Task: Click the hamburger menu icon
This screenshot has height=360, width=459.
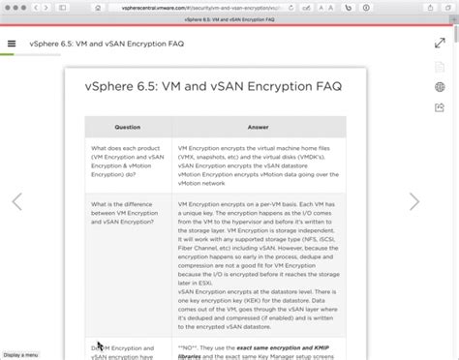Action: click(x=12, y=44)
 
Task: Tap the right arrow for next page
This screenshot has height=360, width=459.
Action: click(x=414, y=201)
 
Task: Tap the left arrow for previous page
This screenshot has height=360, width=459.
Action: click(x=15, y=201)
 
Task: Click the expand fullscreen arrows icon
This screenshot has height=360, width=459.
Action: click(x=440, y=44)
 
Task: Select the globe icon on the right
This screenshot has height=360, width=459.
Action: click(x=441, y=87)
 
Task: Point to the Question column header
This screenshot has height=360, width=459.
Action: click(x=127, y=127)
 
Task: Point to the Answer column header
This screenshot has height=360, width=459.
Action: click(x=258, y=127)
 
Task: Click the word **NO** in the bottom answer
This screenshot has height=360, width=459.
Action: click(x=188, y=345)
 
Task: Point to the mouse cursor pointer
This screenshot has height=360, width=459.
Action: click(x=100, y=345)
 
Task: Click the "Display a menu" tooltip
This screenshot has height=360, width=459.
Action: click(x=20, y=355)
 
